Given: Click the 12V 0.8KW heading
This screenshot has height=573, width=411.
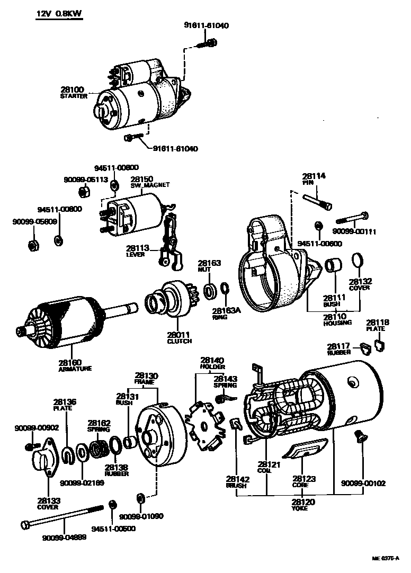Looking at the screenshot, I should click(59, 14).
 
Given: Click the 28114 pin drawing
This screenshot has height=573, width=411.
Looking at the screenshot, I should click(318, 202).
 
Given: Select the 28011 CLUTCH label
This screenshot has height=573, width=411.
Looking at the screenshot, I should click(179, 338).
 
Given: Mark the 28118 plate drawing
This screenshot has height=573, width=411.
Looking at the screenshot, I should click(379, 346).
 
